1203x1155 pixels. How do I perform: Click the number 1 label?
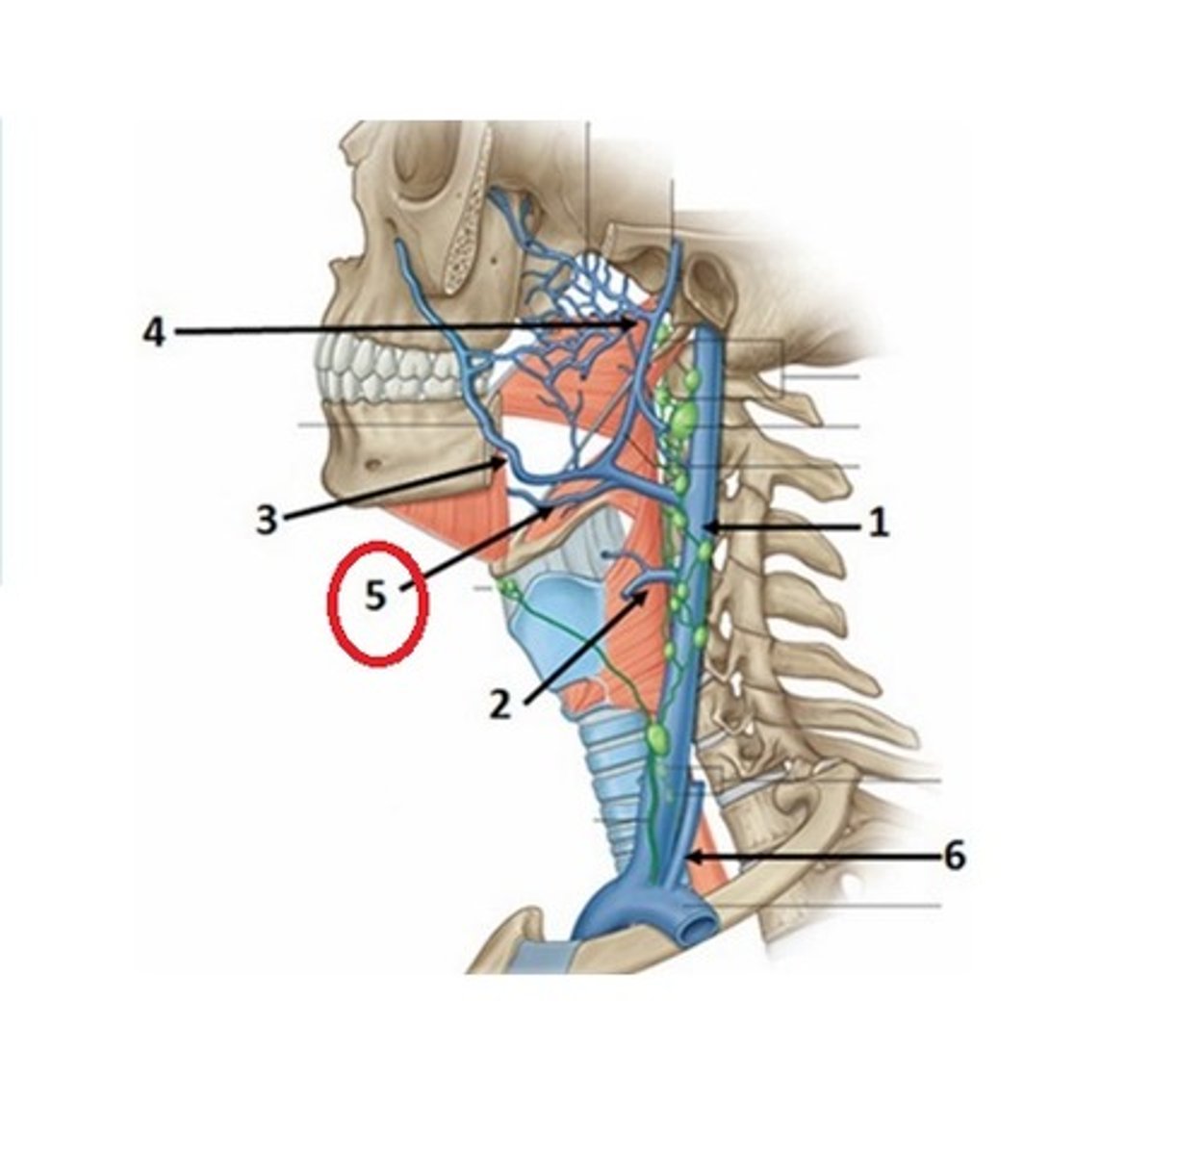(878, 525)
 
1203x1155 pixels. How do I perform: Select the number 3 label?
(267, 520)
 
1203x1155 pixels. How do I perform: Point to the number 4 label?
(155, 333)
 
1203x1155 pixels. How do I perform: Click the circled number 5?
(375, 597)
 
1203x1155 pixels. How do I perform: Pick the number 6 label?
(953, 856)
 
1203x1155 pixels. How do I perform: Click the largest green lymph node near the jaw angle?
(682, 419)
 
